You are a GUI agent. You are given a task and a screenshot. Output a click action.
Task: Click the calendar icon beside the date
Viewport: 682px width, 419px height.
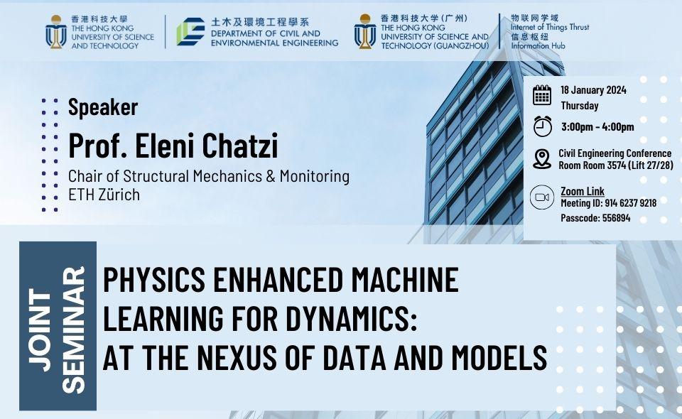click(x=542, y=95)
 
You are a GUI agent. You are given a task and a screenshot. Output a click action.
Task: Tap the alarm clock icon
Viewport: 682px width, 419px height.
click(x=542, y=126)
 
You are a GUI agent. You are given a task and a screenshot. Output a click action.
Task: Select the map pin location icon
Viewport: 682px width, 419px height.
click(x=542, y=158)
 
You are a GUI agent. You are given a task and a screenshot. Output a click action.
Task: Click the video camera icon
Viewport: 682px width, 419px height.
click(x=542, y=197)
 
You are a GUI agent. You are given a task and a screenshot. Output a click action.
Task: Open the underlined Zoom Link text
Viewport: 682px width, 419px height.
click(x=583, y=191)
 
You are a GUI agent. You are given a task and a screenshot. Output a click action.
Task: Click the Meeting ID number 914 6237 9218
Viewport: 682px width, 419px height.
click(x=631, y=203)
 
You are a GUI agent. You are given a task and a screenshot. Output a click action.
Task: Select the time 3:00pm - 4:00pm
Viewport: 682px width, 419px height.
click(x=597, y=127)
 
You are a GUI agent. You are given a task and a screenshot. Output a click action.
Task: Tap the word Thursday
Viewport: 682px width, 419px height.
click(x=580, y=106)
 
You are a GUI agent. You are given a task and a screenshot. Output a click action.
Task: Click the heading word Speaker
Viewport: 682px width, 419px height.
click(x=103, y=107)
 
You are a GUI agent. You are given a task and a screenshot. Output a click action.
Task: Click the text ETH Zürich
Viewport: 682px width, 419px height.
click(x=104, y=195)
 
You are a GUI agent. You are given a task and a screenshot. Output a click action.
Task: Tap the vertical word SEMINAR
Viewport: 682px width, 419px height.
click(x=73, y=330)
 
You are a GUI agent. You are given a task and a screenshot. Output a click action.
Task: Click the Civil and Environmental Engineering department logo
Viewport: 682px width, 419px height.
click(x=190, y=32)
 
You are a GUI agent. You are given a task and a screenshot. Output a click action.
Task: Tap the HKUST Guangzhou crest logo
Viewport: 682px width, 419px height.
click(x=365, y=31)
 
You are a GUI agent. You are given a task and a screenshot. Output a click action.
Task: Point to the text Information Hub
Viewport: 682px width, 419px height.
click(x=538, y=45)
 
